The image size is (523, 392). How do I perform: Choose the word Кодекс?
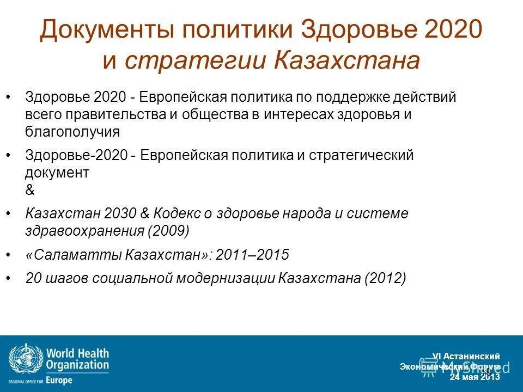[x=179, y=213]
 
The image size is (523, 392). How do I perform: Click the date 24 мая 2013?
[x=474, y=377]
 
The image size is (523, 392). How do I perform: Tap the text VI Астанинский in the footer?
[x=466, y=357]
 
